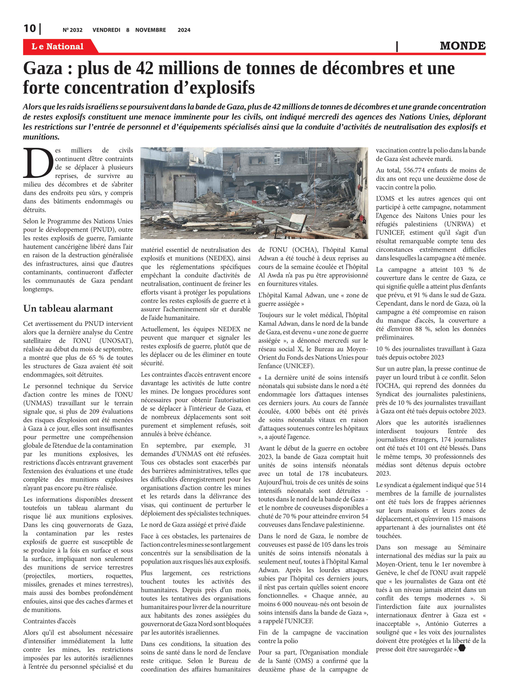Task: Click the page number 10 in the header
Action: (x=30, y=29)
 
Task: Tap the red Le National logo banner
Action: (x=58, y=46)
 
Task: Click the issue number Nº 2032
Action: (x=72, y=30)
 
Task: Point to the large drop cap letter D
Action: (x=38, y=164)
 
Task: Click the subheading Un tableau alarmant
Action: (x=68, y=309)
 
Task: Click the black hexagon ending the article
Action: (x=462, y=648)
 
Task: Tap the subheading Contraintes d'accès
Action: (x=49, y=621)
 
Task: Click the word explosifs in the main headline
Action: (x=222, y=88)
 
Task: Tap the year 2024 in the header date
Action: (x=184, y=30)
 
